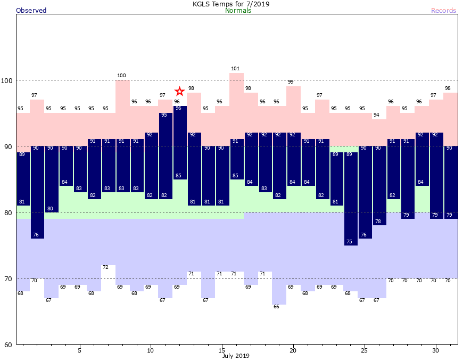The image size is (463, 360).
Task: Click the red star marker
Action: (180, 91)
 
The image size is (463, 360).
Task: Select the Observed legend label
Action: (31, 11)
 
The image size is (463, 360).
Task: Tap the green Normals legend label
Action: (238, 11)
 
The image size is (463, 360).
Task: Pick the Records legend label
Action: (443, 11)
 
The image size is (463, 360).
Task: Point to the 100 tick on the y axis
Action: (7, 80)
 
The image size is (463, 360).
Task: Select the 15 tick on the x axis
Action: (221, 350)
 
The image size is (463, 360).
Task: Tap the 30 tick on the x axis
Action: (435, 350)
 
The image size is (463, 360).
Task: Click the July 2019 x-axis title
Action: (236, 356)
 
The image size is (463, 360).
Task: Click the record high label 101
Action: (236, 69)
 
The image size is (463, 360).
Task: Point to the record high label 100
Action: (121, 76)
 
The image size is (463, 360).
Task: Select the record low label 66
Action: (276, 307)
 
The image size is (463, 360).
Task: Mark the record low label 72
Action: (105, 267)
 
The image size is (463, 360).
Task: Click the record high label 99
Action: (291, 82)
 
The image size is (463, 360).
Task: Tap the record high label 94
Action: (376, 115)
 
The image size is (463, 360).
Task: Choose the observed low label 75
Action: (349, 242)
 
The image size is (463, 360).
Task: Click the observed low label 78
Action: (378, 222)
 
